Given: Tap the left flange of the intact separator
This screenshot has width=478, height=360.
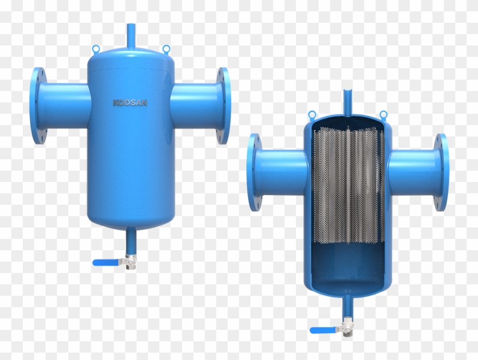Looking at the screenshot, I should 38,106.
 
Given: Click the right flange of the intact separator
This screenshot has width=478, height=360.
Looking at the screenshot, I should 224,105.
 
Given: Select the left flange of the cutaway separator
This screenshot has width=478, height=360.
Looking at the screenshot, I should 253,172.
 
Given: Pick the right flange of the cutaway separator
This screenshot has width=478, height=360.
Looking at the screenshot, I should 441,172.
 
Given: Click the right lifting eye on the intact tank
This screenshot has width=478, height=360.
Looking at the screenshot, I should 166,48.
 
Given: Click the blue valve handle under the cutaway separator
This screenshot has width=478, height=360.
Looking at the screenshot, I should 323,330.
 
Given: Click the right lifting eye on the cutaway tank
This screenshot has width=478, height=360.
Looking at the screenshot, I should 383,114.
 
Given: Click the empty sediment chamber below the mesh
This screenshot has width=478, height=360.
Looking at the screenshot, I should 348,267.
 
